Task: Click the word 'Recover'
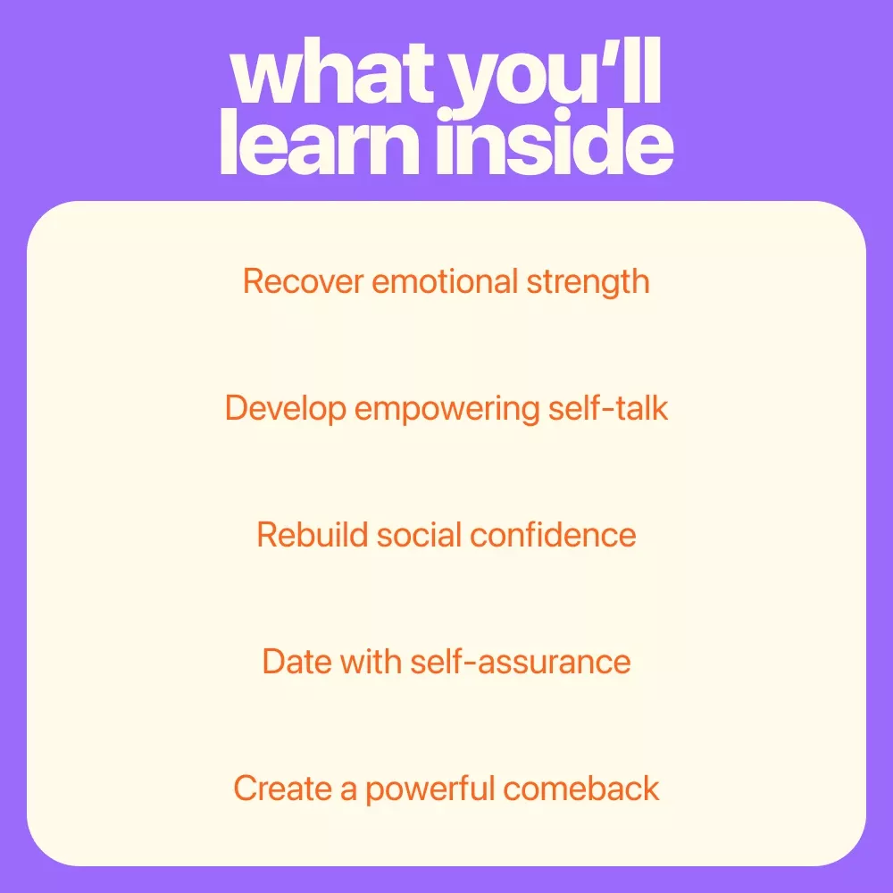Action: point(304,282)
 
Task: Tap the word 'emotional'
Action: point(445,282)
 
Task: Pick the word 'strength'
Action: point(588,283)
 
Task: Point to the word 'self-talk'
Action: point(607,408)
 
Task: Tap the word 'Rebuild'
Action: point(312,535)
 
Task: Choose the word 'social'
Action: point(419,535)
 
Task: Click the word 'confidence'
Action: point(553,535)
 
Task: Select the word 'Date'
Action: point(296,662)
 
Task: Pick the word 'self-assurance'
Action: point(521,662)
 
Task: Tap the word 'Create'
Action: point(282,789)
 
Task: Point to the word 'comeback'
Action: point(581,789)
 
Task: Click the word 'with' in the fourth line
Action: point(371,662)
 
